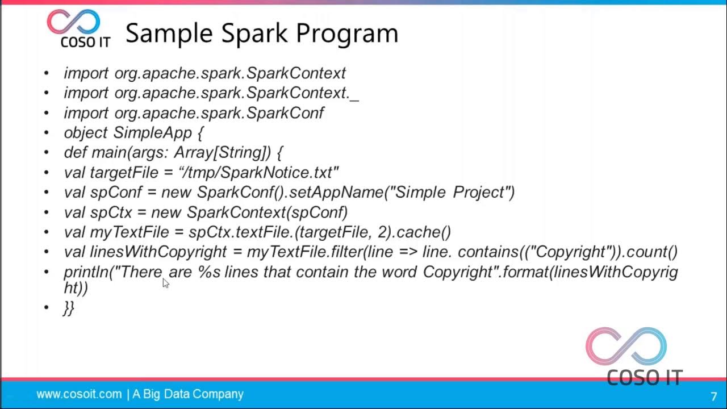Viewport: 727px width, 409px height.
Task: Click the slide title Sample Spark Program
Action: [261, 33]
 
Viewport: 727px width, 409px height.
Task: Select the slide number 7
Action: [713, 396]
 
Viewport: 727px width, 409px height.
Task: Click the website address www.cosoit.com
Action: [79, 394]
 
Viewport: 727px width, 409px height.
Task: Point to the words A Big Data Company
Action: [188, 394]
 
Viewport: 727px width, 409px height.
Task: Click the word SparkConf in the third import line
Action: [286, 113]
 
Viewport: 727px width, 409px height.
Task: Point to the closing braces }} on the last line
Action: [69, 308]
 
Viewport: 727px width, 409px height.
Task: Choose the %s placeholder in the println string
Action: [208, 272]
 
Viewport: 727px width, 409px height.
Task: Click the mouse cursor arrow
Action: [165, 282]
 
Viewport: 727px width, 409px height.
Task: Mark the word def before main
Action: [75, 153]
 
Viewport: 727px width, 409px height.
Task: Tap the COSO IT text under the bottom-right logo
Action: [644, 377]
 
